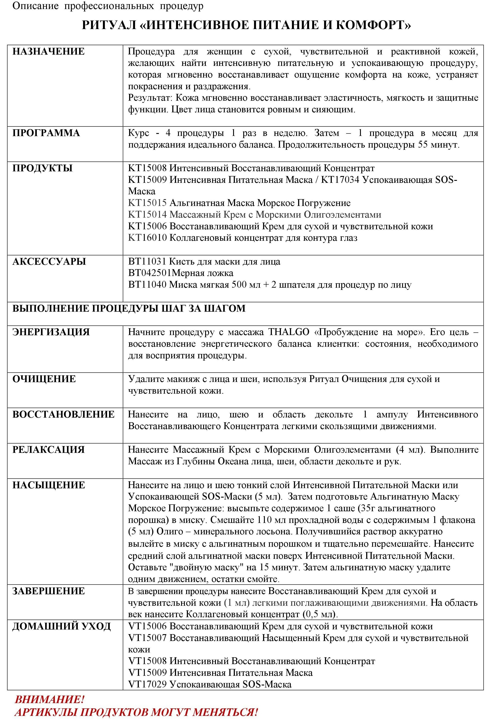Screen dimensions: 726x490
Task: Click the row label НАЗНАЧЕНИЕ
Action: pos(48,51)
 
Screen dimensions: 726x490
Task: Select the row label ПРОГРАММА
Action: pos(46,133)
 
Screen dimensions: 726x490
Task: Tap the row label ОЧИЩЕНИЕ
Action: pos(44,379)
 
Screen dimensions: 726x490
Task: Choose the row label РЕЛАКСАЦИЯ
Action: pos(48,450)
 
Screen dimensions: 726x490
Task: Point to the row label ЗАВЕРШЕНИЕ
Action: pos(48,591)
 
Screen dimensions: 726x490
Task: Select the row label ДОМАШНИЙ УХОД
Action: pos(61,626)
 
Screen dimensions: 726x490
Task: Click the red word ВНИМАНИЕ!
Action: pos(49,699)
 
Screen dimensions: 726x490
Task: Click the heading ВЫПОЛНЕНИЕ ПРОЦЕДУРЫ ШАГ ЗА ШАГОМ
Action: pos(129,308)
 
